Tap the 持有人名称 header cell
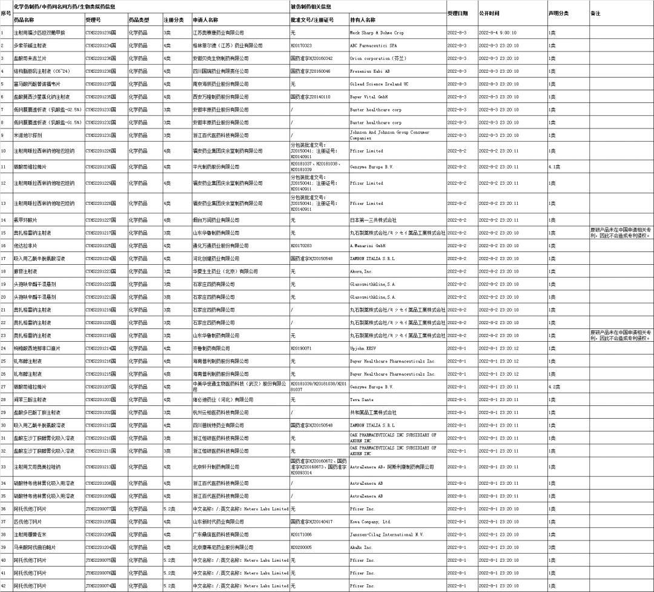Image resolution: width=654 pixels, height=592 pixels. tap(363, 20)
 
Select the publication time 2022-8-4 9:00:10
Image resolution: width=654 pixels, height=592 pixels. tap(498, 33)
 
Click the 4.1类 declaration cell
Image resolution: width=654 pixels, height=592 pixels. tap(555, 166)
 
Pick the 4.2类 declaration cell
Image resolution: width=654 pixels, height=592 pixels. tap(555, 387)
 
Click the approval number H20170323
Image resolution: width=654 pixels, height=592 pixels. tap(302, 45)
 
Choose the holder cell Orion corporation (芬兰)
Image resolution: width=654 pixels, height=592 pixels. tap(375, 58)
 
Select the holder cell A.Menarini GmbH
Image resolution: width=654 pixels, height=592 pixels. tap(368, 245)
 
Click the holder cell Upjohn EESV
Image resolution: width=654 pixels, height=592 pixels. tap(364, 348)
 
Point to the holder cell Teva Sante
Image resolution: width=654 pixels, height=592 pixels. tap(363, 399)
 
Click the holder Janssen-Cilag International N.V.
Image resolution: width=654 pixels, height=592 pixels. tap(385, 534)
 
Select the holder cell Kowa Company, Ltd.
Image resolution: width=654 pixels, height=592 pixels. tap(371, 522)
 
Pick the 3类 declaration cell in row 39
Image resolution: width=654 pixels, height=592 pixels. tap(552, 547)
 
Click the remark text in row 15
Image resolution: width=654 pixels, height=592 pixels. tap(620, 233)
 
